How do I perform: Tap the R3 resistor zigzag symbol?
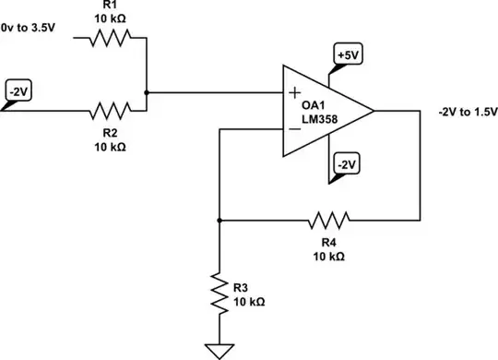[219, 291]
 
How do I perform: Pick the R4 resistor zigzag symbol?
[328, 221]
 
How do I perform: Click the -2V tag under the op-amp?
[346, 163]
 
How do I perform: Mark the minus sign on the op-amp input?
[294, 129]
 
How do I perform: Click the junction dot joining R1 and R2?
[148, 92]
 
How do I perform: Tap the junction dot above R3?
[219, 221]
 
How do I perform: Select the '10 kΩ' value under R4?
[329, 255]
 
